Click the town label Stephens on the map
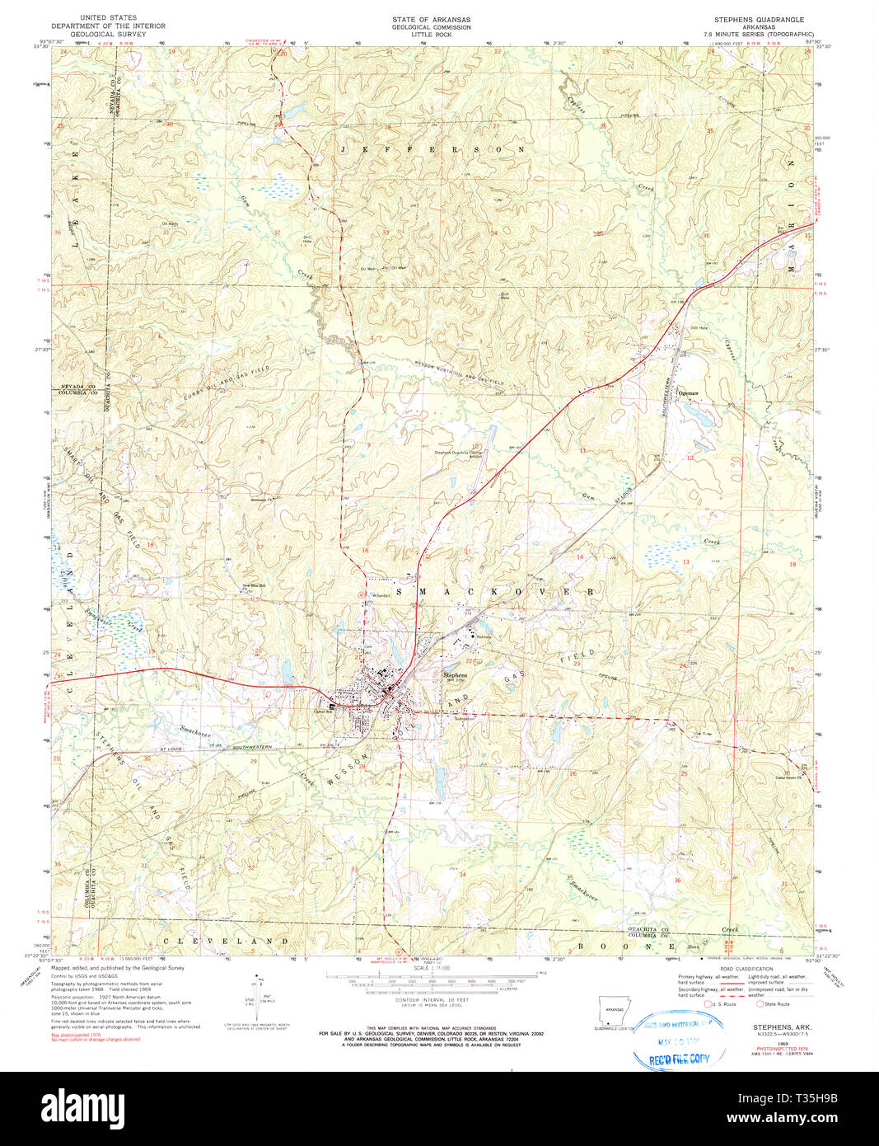pos(455,674)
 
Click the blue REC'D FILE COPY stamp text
pos(679,1059)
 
